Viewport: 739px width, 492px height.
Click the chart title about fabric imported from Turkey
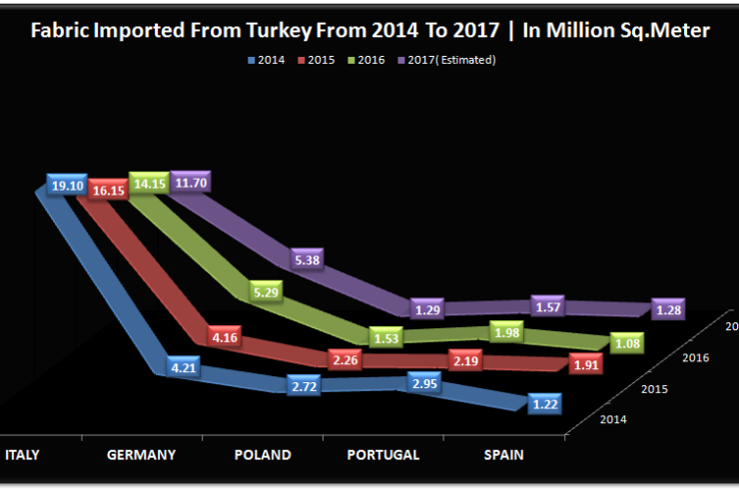click(x=369, y=31)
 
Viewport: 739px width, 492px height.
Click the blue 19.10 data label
click(x=67, y=187)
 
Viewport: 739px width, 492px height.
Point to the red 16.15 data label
click(x=108, y=188)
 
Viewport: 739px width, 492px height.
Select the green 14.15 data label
click(x=150, y=184)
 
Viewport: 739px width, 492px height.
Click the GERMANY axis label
click(x=142, y=455)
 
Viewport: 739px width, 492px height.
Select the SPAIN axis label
click(x=502, y=455)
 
